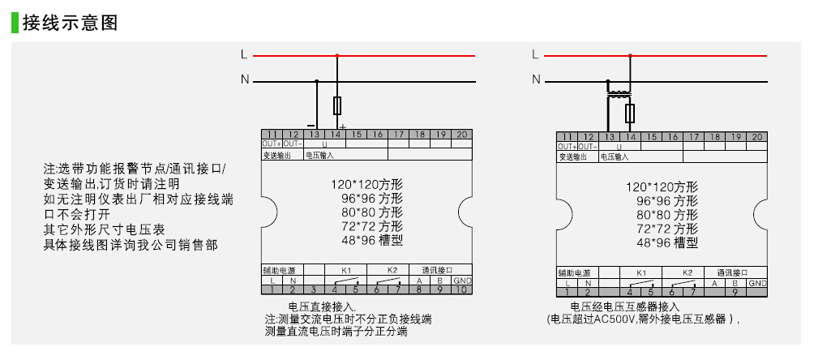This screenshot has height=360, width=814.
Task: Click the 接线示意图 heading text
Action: [71, 23]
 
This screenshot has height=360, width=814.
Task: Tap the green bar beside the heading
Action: [14, 23]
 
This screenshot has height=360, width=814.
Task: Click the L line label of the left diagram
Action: [244, 54]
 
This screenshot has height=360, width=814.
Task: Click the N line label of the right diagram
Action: [535, 79]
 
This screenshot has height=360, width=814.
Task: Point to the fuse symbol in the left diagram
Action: [337, 106]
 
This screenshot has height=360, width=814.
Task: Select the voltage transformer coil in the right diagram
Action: [621, 94]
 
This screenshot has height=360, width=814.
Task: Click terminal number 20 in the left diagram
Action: [461, 135]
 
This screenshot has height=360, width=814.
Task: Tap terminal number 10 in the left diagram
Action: [461, 289]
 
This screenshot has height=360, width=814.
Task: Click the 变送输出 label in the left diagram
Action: [276, 154]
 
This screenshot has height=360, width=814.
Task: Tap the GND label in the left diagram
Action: [461, 280]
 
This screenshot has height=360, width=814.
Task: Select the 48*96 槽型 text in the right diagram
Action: [666, 242]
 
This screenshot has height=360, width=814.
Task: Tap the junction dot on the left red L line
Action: [337, 55]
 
